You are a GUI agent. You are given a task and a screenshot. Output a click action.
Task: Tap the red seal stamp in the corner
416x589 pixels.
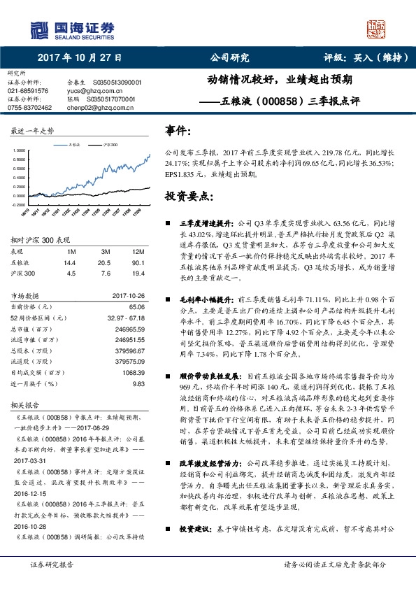(x=378, y=29)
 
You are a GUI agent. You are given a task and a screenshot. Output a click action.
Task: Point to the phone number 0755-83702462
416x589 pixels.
(x=30, y=108)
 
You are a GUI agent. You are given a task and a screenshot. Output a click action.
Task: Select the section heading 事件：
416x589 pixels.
(x=178, y=130)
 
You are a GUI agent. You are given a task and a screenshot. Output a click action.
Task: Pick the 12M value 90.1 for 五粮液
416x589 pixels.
(x=137, y=262)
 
